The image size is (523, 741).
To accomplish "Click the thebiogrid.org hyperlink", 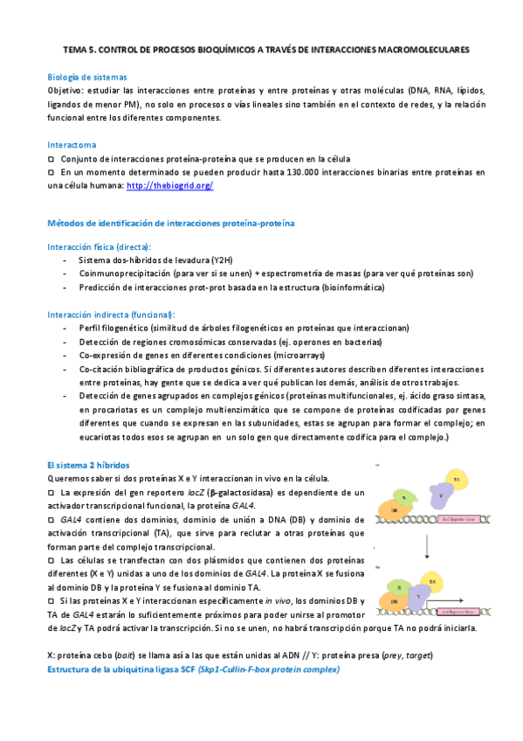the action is pos(170,186).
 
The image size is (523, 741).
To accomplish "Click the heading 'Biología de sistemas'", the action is pos(87,77).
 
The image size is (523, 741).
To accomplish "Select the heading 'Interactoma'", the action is pos(72,144).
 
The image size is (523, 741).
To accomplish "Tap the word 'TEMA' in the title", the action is pos(78,51).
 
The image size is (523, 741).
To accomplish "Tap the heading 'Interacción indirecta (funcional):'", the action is pos(111,314).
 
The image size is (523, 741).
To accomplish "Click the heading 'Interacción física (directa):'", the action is pos(99,246).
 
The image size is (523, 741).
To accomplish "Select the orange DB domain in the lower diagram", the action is pos(395,601).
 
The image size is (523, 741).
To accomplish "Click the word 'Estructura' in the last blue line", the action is pos(74,669).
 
